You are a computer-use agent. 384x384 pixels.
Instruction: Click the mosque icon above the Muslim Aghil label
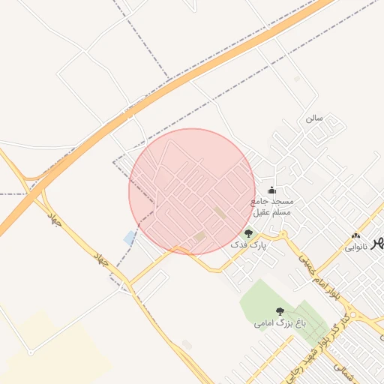[x=271, y=190]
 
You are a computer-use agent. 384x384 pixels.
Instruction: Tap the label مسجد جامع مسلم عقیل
[x=271, y=207]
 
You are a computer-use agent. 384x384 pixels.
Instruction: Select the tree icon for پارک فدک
[x=249, y=233]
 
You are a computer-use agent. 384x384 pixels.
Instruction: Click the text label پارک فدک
[x=247, y=245]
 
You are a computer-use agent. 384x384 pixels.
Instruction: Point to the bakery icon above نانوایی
[x=355, y=236]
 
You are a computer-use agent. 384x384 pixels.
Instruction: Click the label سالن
[x=313, y=118]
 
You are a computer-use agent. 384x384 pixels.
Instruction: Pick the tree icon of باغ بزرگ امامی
[x=280, y=310]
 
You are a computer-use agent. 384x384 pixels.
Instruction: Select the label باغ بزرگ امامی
[x=280, y=323]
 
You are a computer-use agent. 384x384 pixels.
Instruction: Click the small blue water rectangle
[x=130, y=238]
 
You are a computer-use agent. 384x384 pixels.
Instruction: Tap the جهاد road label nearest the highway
[x=53, y=220]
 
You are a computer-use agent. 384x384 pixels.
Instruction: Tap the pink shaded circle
[x=192, y=191]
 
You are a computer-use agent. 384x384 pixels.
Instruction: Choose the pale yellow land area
[x=52, y=352]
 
